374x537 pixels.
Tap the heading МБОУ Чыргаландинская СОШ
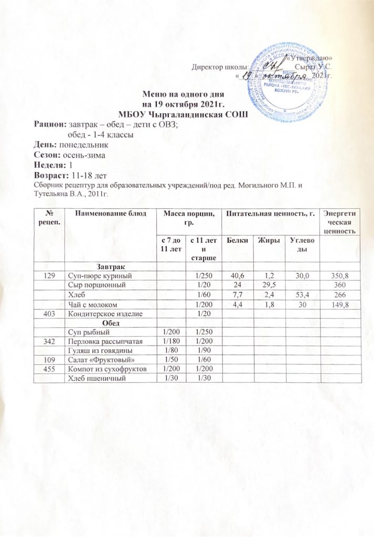184,114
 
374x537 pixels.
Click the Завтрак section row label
110,266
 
